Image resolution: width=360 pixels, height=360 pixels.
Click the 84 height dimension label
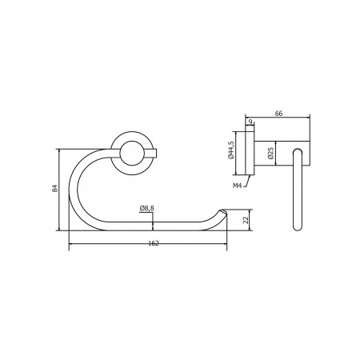pyautogui.click(x=55, y=188)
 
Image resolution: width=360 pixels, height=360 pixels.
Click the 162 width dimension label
pyautogui.click(x=154, y=243)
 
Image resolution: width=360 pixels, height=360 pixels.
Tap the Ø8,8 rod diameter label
pyautogui.click(x=146, y=208)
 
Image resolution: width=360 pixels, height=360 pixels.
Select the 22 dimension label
pyautogui.click(x=246, y=220)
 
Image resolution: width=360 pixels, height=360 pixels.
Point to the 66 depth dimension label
pyautogui.click(x=278, y=114)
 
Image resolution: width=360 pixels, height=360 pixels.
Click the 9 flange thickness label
pyautogui.click(x=250, y=122)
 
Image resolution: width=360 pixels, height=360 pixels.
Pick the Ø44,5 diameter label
pyautogui.click(x=230, y=150)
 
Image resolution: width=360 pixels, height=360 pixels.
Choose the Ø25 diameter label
pyautogui.click(x=270, y=153)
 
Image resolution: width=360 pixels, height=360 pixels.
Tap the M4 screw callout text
pyautogui.click(x=238, y=186)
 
